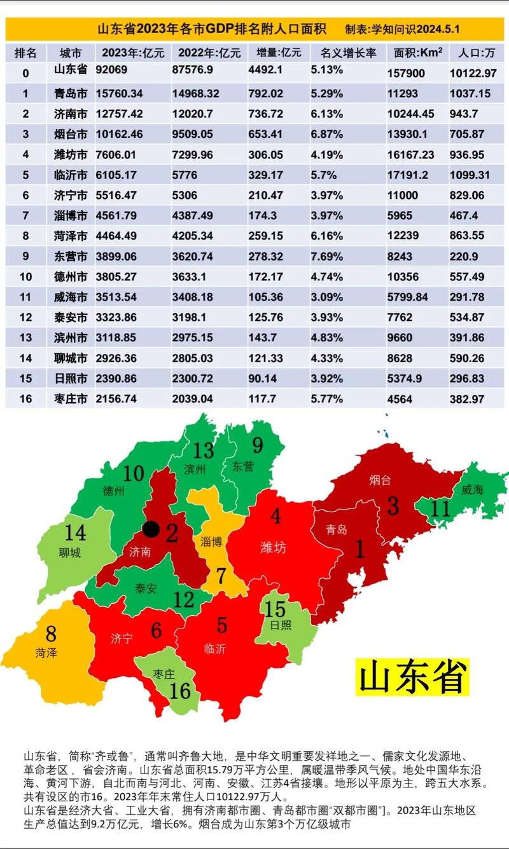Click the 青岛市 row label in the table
70,93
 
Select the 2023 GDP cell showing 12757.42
120,114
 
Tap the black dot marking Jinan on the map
151,528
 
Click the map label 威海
473,489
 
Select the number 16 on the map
180,690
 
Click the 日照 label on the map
280,625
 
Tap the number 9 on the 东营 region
257,445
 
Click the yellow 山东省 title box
412,677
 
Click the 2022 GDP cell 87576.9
195,73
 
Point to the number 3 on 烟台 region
393,506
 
